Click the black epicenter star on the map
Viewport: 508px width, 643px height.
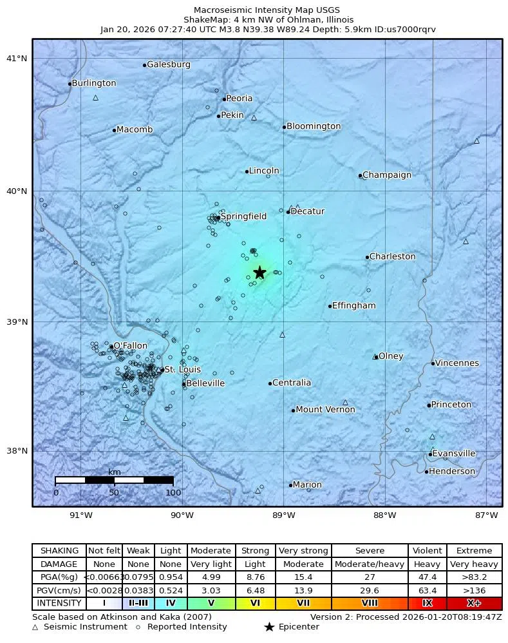point(259,272)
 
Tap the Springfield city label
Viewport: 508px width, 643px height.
point(243,216)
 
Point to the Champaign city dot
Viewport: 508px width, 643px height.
point(360,175)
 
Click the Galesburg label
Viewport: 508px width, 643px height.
point(169,64)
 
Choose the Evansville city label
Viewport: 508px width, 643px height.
point(454,454)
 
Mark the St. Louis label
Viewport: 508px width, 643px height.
point(182,370)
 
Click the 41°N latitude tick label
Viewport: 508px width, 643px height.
point(17,59)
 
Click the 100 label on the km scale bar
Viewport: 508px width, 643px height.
point(173,493)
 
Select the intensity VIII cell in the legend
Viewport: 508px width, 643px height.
point(370,604)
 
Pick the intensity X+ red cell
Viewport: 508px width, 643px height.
point(474,604)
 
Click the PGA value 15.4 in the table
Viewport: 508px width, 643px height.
point(303,577)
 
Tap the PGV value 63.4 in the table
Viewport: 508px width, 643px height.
point(427,590)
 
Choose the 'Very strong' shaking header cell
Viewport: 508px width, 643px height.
point(303,551)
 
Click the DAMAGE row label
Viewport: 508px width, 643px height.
point(59,564)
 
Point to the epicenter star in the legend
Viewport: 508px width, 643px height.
point(269,627)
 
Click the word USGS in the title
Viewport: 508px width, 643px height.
point(328,10)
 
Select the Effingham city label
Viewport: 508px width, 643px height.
point(353,305)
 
